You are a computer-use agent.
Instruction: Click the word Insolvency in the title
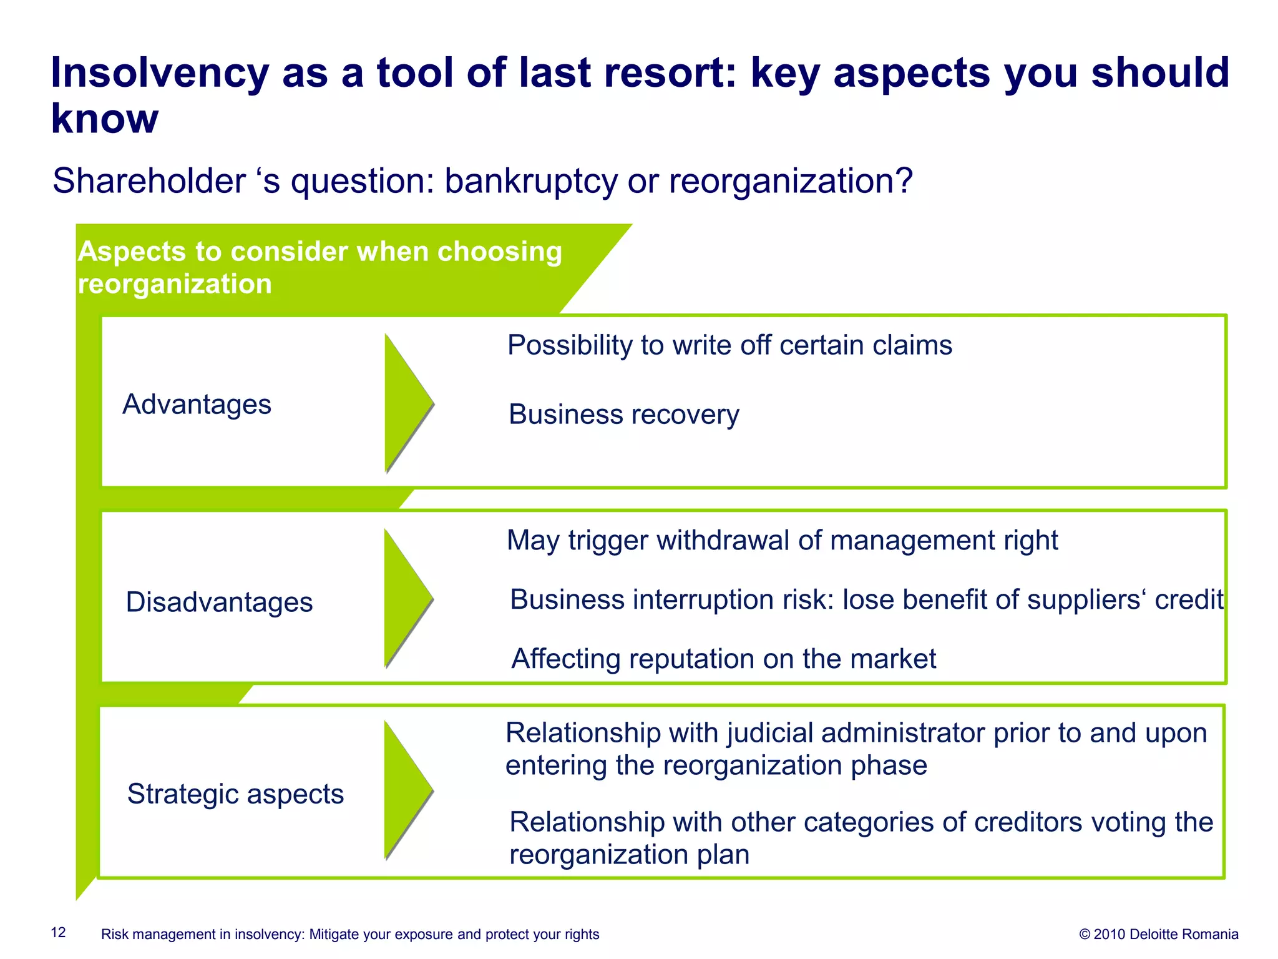[159, 74]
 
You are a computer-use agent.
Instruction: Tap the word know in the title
[104, 119]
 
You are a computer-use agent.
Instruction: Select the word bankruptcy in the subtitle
[532, 182]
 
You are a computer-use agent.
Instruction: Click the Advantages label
[197, 405]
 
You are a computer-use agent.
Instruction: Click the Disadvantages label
[219, 602]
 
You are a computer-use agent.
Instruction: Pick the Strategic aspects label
[235, 794]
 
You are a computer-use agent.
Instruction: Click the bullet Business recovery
[623, 415]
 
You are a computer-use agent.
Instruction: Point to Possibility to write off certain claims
[729, 345]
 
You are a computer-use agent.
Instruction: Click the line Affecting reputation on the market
[723, 659]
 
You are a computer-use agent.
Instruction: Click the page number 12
[58, 933]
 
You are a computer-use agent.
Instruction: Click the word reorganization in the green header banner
[175, 284]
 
